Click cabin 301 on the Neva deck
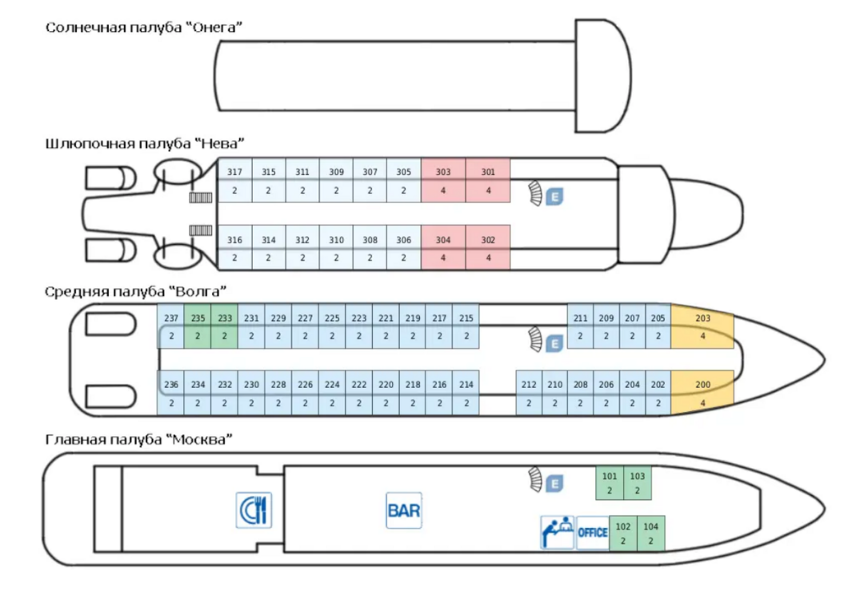point(488,181)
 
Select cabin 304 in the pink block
point(443,247)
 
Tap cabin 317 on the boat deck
point(234,181)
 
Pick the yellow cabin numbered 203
point(702,326)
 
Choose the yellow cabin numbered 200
point(702,393)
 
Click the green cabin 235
point(198,326)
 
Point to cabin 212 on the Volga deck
point(529,393)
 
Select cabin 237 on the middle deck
point(171,326)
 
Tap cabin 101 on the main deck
point(610,482)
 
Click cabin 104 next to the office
point(650,533)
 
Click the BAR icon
point(404,510)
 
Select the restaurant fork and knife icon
point(254,510)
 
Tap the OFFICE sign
point(593,533)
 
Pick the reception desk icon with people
point(558,533)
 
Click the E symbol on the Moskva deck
point(554,483)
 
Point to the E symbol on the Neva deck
point(554,196)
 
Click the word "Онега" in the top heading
point(217,27)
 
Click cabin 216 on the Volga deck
point(439,393)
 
